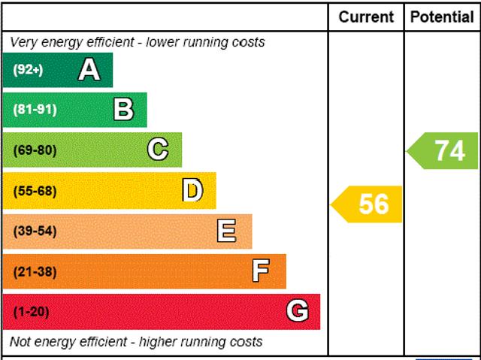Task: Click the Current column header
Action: click(366, 17)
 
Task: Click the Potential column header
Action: click(442, 17)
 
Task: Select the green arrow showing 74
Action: click(444, 150)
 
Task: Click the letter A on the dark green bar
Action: click(89, 70)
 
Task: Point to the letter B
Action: click(123, 110)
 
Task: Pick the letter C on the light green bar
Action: click(158, 150)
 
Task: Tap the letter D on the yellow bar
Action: click(192, 191)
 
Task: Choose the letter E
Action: click(226, 231)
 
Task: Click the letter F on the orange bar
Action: click(261, 271)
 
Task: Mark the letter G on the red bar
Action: click(298, 311)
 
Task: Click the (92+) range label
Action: click(29, 70)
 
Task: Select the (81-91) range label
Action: click(35, 110)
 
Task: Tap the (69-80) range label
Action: click(35, 150)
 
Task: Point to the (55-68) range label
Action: click(35, 191)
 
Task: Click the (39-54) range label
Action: click(35, 231)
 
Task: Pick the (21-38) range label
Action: click(35, 271)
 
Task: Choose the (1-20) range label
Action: click(31, 311)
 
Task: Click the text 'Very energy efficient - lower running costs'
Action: click(138, 42)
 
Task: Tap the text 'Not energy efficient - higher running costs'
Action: click(136, 342)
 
